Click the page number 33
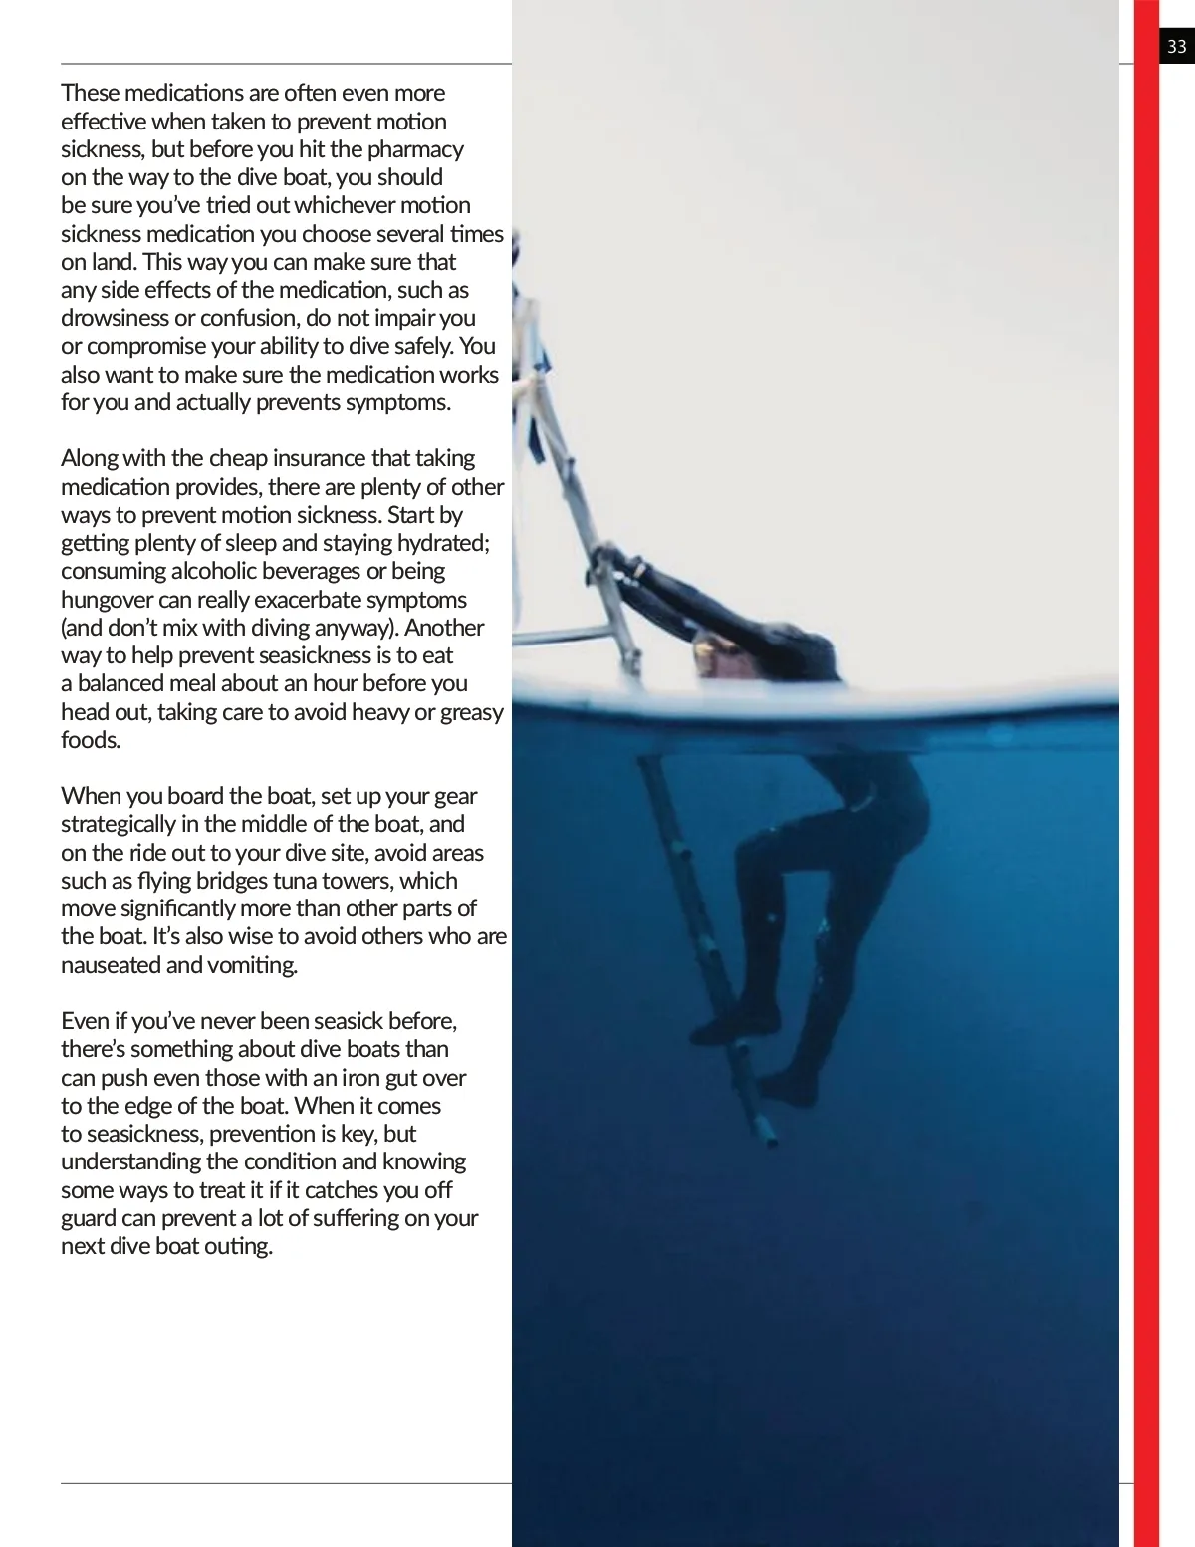(x=1177, y=46)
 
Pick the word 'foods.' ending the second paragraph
(x=91, y=740)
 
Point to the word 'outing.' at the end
(x=238, y=1246)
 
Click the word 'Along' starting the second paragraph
(x=89, y=458)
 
